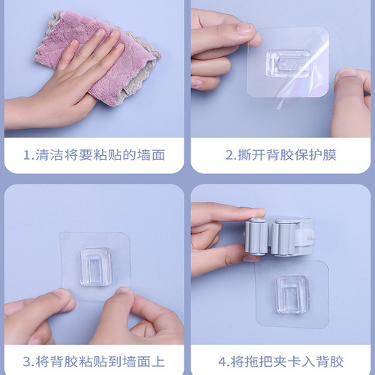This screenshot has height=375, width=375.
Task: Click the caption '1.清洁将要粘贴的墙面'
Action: pyautogui.click(x=94, y=155)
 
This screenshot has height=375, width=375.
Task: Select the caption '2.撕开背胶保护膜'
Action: pyautogui.click(x=281, y=155)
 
